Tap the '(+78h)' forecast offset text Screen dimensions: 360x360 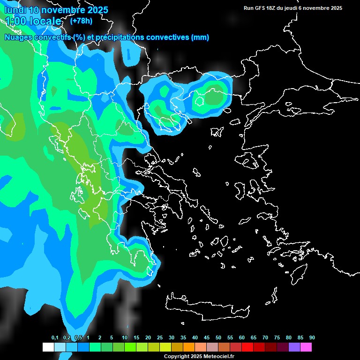pos(81,21)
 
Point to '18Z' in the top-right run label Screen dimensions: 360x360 pos(271,8)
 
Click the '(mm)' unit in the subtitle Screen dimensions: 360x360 pos(200,37)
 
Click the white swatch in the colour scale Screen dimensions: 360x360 pos(48,347)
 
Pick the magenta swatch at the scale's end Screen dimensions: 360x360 pos(306,347)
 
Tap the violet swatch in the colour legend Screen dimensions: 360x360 pos(294,347)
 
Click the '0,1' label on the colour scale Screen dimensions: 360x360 pos(55,338)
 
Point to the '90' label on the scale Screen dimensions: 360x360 pos(312,338)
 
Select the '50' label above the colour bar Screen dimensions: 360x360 pos(218,338)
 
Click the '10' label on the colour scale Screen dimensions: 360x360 pos(125,338)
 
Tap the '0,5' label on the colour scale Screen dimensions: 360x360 pos(78,338)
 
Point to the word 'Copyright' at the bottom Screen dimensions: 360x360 pos(177,357)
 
